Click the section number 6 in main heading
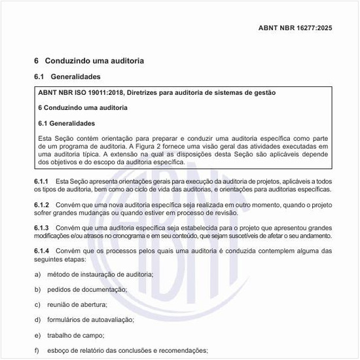pos(37,61)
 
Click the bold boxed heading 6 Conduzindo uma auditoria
pos(82,107)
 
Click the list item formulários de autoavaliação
pos(90,319)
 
